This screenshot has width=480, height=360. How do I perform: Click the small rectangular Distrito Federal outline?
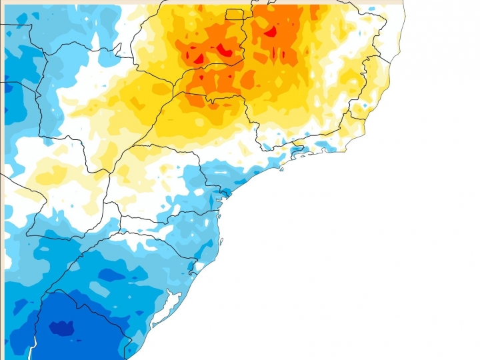pyautogui.click(x=235, y=15)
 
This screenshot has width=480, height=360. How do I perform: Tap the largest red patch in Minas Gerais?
pyautogui.click(x=271, y=31)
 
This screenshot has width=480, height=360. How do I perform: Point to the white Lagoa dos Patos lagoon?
pyautogui.click(x=172, y=301)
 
